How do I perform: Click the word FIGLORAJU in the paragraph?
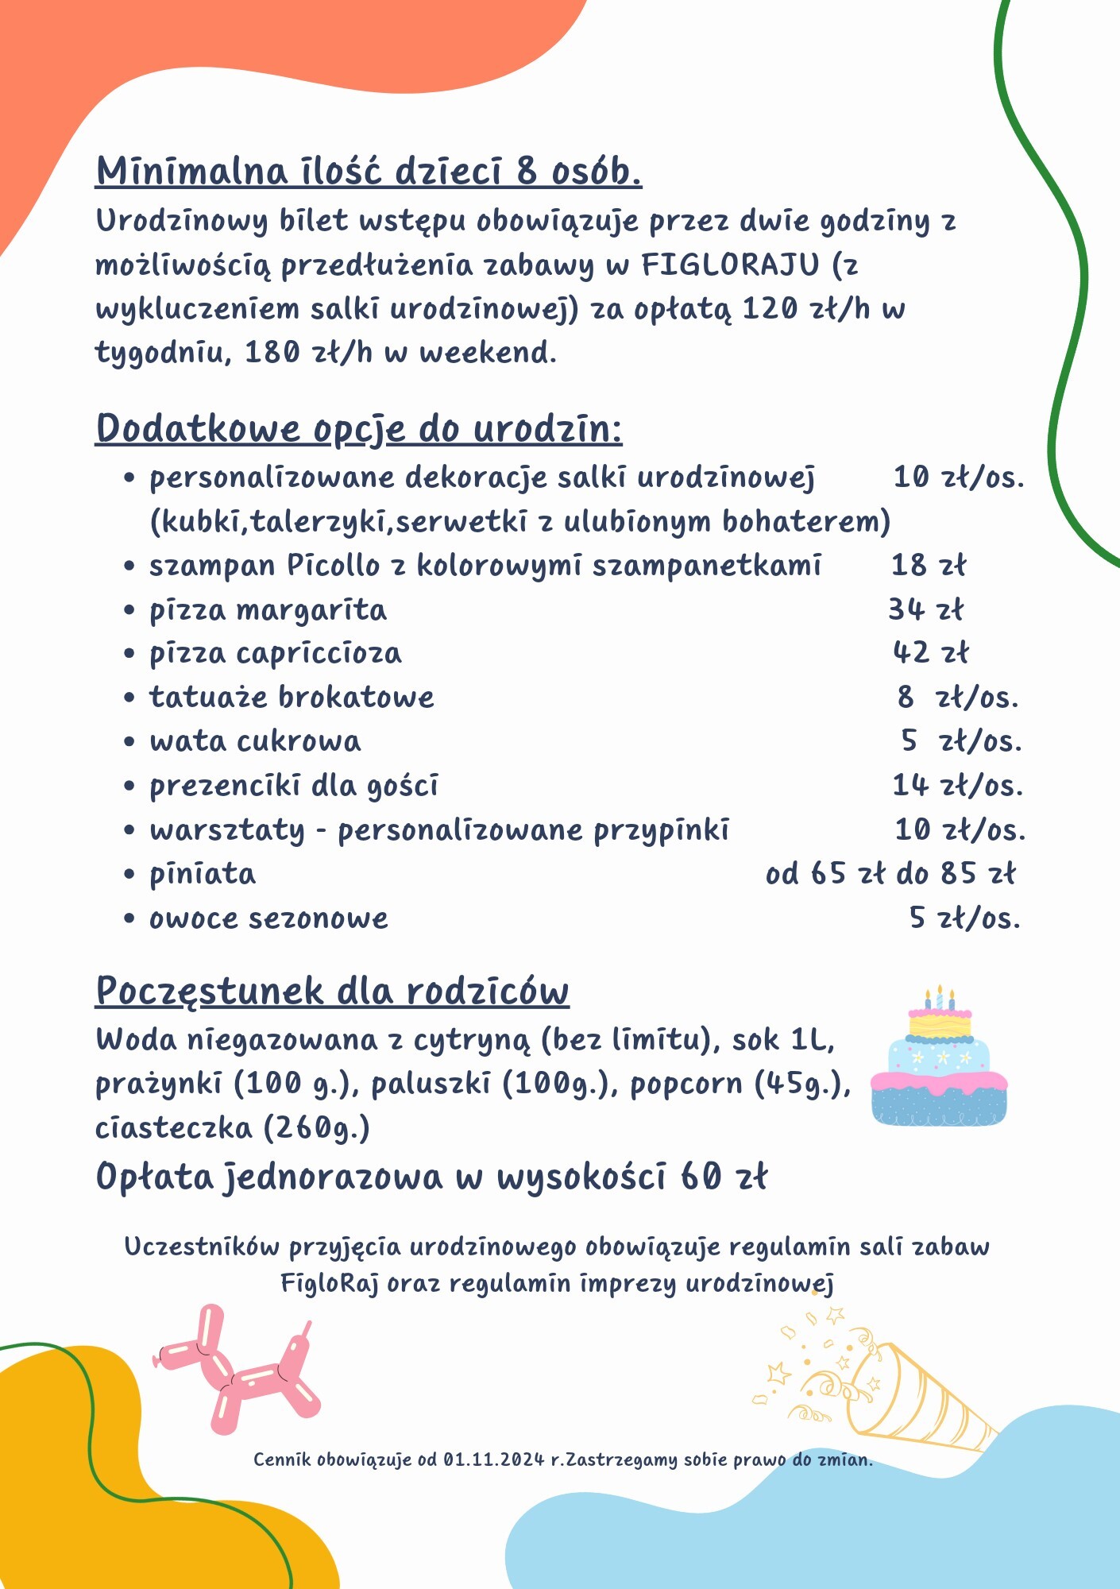coord(730,265)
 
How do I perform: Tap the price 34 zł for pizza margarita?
coord(925,609)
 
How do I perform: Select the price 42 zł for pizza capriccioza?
coord(930,653)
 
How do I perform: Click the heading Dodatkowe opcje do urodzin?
coord(358,429)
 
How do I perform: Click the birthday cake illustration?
coord(939,1060)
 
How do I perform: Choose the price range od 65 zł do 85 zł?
coord(890,874)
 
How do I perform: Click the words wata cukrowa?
coord(255,741)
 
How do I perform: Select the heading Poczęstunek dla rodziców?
coord(332,992)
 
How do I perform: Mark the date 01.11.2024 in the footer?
coord(493,1459)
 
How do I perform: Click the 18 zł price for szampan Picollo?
coord(928,566)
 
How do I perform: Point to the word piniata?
coord(203,874)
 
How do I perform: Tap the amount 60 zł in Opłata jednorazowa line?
coord(724,1177)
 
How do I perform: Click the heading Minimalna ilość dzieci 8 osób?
coord(369,171)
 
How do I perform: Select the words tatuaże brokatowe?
coord(292,698)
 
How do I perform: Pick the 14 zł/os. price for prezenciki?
coord(957,786)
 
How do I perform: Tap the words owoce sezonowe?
coord(268,918)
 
